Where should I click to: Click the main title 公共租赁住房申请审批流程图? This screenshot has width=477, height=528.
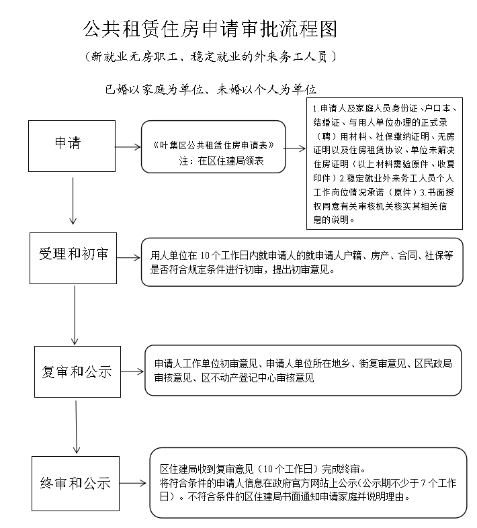coord(210,29)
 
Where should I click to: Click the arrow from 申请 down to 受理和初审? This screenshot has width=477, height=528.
coord(73,201)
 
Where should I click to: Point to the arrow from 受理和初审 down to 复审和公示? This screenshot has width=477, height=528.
coord(75,315)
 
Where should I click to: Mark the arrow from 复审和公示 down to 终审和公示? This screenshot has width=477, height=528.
coord(76,427)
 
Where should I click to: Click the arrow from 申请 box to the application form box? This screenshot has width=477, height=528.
coord(128,147)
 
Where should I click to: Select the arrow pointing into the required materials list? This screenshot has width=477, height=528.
coord(294,148)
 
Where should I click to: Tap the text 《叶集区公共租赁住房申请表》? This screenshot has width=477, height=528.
coord(214,145)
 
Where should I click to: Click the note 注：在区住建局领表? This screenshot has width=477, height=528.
coord(221,161)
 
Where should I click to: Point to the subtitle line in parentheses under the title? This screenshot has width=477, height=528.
coord(210,56)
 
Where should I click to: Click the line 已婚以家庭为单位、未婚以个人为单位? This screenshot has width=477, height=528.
coord(210,89)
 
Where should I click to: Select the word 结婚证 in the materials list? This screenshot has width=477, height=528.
coord(327,122)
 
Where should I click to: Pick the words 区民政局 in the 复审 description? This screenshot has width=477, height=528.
coord(433,363)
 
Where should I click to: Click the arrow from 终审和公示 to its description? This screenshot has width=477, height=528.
coord(133,483)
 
